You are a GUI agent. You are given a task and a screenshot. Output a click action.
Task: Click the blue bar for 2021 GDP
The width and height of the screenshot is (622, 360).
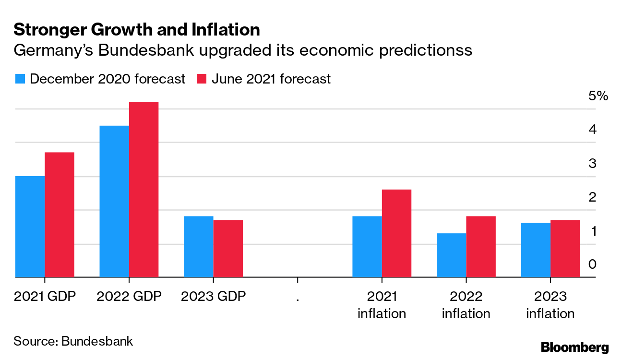30,227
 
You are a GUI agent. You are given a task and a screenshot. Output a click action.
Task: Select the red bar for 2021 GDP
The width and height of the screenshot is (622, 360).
60,215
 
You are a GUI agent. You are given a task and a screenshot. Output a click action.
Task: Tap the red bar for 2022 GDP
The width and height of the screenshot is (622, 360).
144,190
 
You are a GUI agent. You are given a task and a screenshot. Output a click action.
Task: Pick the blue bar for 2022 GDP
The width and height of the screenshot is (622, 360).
114,202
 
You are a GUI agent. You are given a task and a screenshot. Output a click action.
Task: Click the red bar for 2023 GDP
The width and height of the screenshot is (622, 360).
228,249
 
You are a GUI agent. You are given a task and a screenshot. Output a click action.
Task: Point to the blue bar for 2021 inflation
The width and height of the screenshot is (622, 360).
367,247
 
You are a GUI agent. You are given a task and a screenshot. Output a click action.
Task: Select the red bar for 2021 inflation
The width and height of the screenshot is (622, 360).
396,233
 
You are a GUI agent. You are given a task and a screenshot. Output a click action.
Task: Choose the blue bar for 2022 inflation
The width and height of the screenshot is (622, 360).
451,255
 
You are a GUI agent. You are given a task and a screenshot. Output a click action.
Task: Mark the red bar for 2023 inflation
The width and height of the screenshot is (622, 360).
565,249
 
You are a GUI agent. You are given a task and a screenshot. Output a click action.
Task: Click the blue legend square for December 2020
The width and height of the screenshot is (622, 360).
20,79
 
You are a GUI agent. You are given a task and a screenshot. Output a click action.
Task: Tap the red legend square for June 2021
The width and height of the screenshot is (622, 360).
202,79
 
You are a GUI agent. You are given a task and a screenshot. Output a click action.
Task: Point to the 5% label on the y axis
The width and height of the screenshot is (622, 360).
598,96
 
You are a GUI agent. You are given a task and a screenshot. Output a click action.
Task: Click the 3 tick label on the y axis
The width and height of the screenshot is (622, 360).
593,163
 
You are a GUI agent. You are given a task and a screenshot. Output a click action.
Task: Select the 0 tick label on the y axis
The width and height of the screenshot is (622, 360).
593,264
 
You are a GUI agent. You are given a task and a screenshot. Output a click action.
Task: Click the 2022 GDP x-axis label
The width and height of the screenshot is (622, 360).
129,296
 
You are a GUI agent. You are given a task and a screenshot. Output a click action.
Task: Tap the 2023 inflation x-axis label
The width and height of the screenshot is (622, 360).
550,305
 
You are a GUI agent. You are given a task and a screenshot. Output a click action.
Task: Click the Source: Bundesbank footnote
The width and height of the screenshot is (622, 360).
73,341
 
